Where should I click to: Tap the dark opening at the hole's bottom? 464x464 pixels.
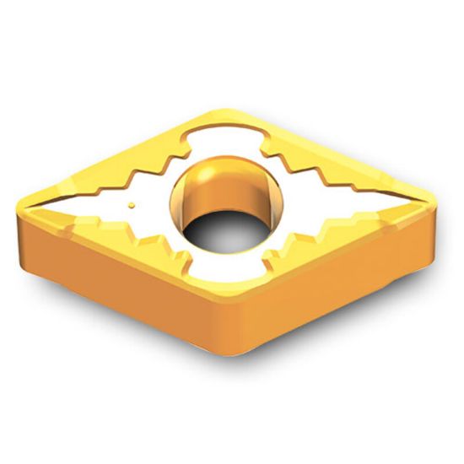224,228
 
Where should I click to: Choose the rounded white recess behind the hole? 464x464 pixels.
221,139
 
